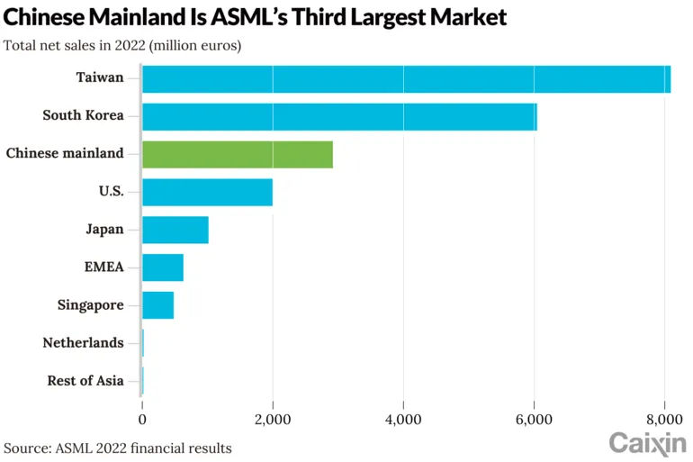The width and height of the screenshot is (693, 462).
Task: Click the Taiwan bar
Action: click(406, 79)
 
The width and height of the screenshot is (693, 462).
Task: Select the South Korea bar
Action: click(339, 117)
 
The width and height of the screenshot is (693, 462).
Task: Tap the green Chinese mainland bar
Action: click(238, 154)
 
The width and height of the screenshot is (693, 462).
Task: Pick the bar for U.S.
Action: click(207, 192)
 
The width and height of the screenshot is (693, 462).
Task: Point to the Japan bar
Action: click(175, 230)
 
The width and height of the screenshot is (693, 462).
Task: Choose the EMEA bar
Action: click(163, 267)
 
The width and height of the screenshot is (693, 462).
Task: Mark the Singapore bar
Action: click(157, 305)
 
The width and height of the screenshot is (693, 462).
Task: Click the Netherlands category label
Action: click(83, 343)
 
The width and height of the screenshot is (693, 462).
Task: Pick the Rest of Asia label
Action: click(85, 381)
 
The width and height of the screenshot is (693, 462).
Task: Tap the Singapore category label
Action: click(90, 305)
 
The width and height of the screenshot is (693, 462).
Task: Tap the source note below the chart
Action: click(118, 448)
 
